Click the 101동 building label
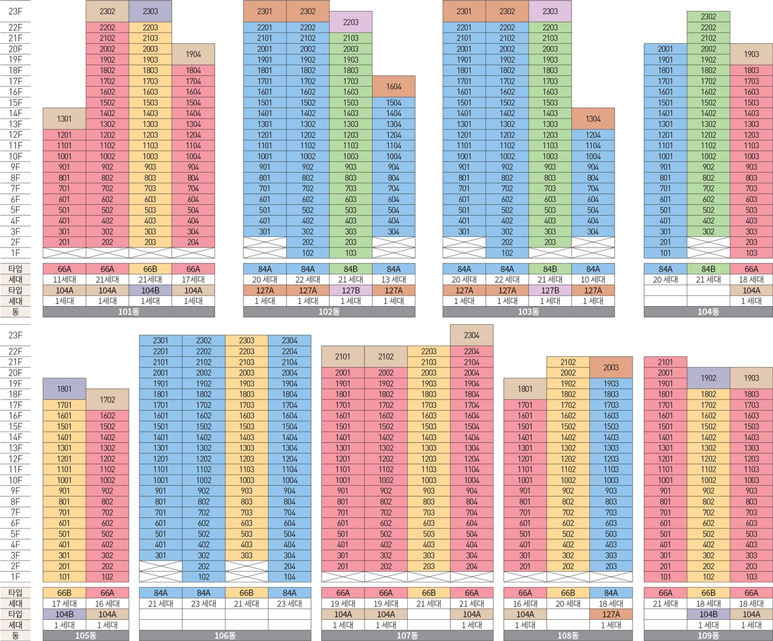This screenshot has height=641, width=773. (x=129, y=312)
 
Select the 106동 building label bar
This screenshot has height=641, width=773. (x=225, y=636)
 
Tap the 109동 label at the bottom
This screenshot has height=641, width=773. (x=708, y=636)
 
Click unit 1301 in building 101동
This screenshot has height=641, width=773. (x=64, y=119)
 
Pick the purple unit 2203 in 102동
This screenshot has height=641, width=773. (x=350, y=22)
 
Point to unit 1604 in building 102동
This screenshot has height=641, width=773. (x=394, y=86)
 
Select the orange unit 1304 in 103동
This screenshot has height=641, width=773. (x=593, y=119)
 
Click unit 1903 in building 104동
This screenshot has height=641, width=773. (x=751, y=54)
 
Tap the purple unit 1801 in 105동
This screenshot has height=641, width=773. (x=64, y=388)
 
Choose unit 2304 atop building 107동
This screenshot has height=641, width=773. (x=472, y=335)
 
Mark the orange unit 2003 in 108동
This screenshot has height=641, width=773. (x=611, y=367)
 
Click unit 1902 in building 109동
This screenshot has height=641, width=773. (x=708, y=378)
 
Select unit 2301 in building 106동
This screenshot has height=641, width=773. (x=160, y=340)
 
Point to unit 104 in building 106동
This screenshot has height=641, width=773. (x=289, y=577)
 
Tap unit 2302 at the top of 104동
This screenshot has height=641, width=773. (x=708, y=17)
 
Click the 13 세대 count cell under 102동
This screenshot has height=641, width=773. (x=394, y=280)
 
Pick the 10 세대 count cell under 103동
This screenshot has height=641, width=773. (x=593, y=280)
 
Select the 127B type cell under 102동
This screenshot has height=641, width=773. (x=350, y=291)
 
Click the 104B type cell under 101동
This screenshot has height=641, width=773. (x=150, y=291)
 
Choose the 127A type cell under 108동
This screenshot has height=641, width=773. (x=611, y=615)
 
